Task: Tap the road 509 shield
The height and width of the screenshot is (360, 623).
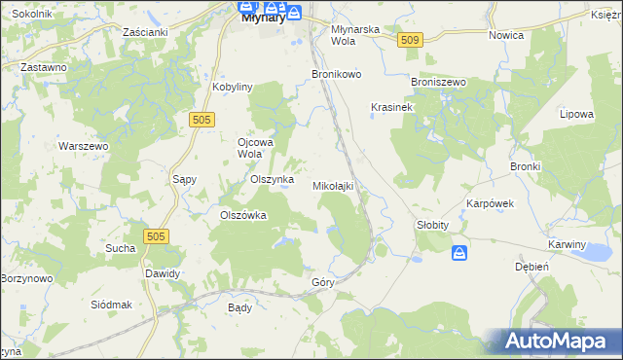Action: (410, 40)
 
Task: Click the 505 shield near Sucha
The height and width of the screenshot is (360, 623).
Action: (155, 236)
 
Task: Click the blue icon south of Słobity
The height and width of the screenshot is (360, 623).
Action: (459, 253)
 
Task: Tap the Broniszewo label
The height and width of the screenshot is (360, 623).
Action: (440, 83)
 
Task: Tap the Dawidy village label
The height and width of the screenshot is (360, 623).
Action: (163, 273)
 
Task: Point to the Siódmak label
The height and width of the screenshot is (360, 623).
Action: (110, 305)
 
